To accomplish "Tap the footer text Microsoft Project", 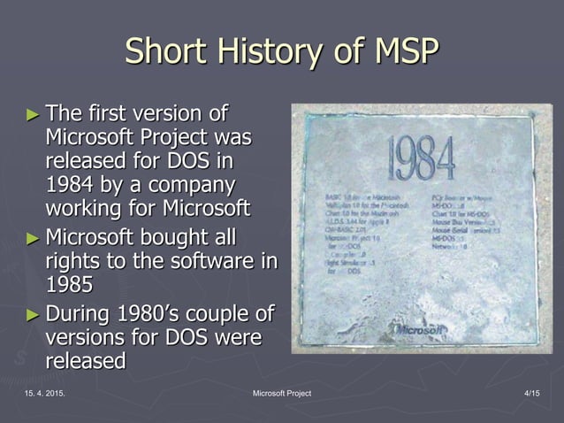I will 281,393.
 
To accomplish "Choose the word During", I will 80,314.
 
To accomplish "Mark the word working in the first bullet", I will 85,211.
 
